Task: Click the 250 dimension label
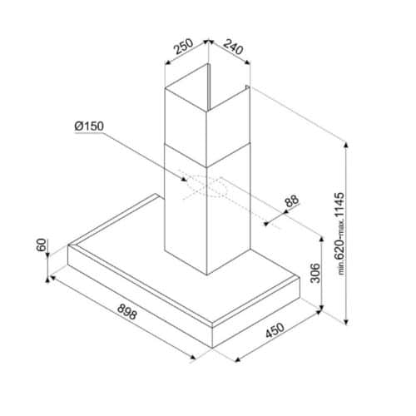183,47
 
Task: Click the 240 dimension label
233,47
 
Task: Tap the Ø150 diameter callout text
89,126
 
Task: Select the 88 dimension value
292,201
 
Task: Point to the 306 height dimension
314,273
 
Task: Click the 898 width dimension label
126,312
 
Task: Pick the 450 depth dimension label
275,330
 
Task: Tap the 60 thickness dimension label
41,245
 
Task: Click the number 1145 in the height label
339,205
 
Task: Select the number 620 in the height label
339,250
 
